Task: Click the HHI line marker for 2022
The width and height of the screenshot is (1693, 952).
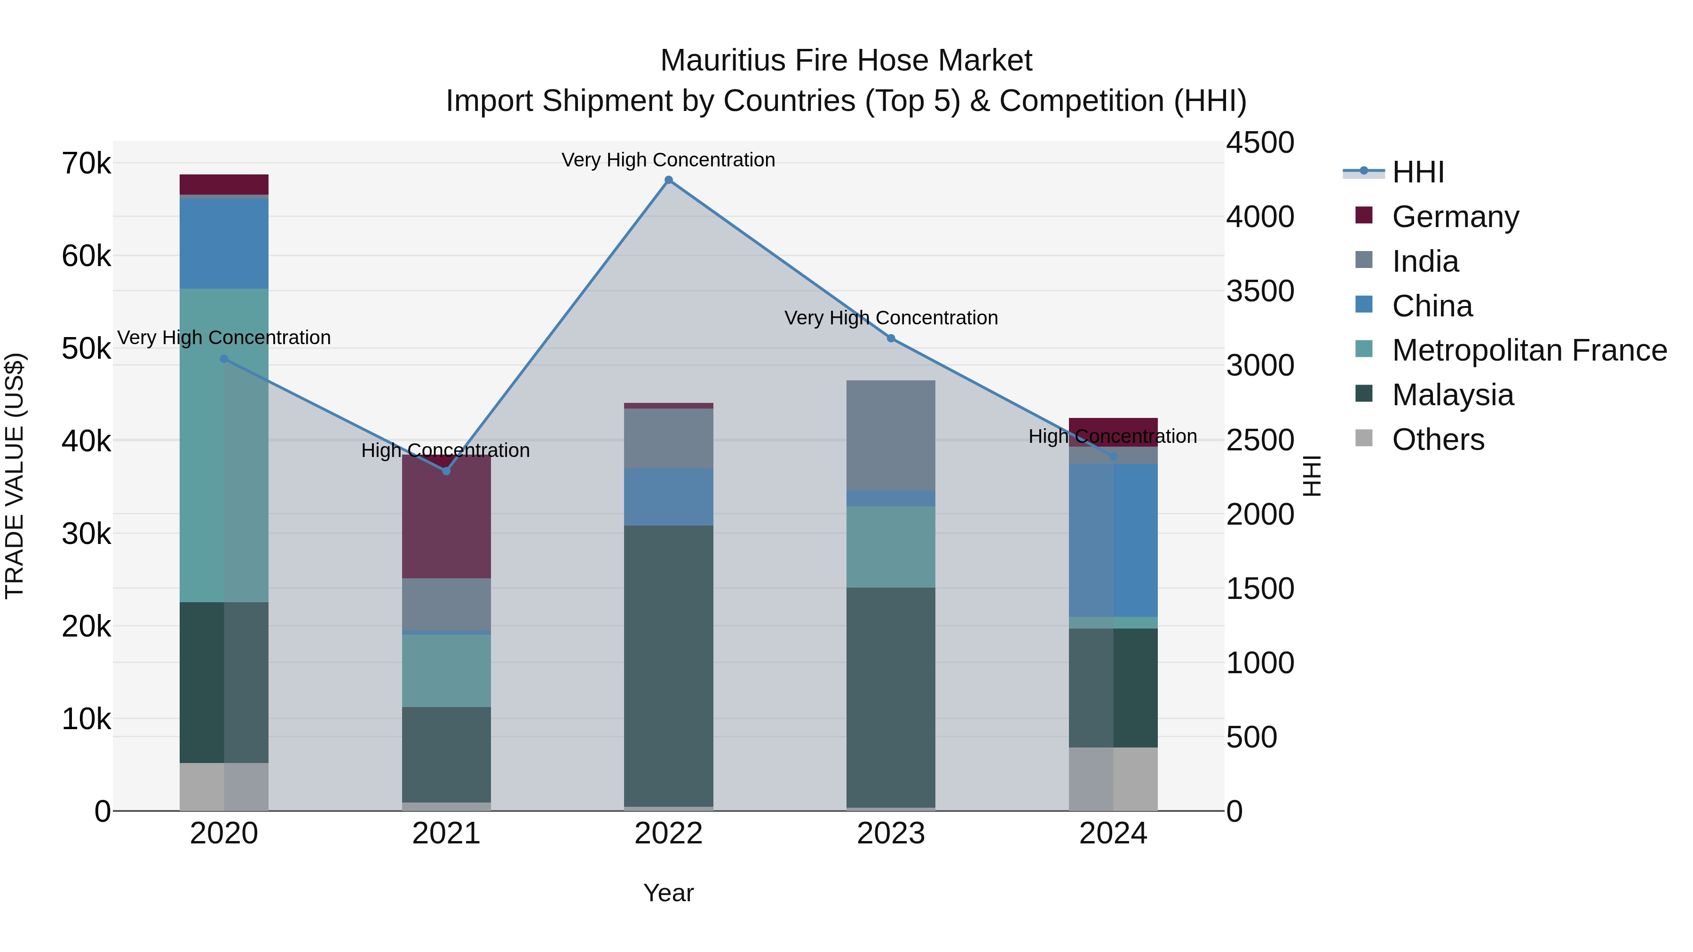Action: (668, 180)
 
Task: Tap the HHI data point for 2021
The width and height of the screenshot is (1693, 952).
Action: (446, 471)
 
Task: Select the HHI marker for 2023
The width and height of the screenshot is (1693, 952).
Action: (891, 338)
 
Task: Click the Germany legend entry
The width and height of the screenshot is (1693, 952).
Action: (1455, 217)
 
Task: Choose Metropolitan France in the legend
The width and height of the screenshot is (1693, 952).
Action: (1529, 350)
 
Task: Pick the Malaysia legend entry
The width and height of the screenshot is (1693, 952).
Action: (1453, 395)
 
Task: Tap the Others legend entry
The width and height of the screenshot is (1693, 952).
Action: (1437, 440)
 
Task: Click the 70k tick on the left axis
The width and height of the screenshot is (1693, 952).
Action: (86, 164)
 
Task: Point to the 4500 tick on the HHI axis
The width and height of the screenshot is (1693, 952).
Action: (1260, 142)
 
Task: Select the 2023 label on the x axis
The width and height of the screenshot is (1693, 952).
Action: (891, 834)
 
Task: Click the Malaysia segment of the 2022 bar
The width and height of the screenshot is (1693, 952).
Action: (668, 663)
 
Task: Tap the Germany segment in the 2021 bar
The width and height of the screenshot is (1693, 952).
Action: (446, 519)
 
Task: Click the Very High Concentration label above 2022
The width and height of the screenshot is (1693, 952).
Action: (668, 160)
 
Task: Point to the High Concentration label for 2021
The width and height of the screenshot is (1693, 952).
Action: (446, 451)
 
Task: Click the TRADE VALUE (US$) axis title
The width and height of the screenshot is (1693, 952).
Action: (15, 476)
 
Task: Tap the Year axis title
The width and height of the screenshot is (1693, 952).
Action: (668, 893)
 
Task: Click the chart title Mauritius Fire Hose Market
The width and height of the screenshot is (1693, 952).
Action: (846, 61)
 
